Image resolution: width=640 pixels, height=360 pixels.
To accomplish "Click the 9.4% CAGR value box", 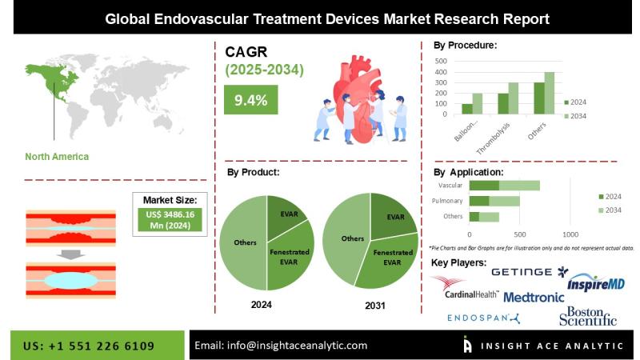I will [251, 100].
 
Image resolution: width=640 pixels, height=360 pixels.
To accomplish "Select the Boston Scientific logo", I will [588, 316].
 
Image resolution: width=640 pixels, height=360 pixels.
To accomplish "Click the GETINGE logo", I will [530, 272].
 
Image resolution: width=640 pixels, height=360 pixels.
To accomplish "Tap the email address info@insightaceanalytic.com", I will [281, 346].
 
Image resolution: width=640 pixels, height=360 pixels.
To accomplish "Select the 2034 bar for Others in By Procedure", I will [549, 94].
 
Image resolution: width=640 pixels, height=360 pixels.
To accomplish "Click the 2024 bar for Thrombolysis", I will [503, 104].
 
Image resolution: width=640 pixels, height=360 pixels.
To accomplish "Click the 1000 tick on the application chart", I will [570, 234].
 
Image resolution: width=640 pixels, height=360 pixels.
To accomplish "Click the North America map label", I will [57, 157].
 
